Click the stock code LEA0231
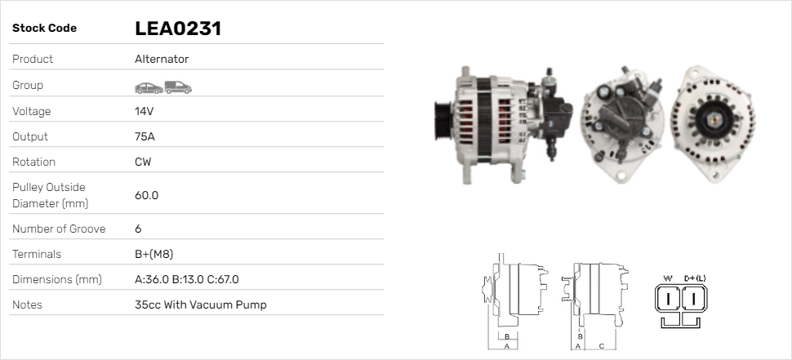click(x=178, y=29)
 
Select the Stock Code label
click(x=44, y=29)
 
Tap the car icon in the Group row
click(x=149, y=88)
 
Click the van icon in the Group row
click(x=178, y=88)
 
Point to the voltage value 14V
click(x=144, y=111)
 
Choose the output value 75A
click(x=145, y=137)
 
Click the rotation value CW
click(x=143, y=162)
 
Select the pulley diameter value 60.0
click(x=146, y=195)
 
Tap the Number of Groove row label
click(x=59, y=229)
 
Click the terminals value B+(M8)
click(x=154, y=254)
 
